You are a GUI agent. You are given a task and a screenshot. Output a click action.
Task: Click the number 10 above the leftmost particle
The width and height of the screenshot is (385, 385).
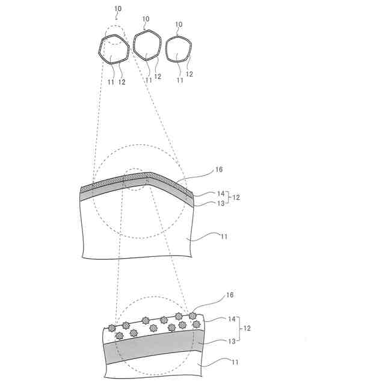point(118,8)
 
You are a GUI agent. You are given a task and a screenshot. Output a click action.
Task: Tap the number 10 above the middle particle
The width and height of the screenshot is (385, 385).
point(146,19)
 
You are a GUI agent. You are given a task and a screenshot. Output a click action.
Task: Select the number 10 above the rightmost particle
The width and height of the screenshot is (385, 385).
point(179,24)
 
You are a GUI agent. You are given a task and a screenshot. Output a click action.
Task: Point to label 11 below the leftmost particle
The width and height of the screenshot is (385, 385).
point(111,82)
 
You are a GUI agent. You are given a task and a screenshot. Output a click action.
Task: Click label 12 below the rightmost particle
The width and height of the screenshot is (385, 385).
point(189,74)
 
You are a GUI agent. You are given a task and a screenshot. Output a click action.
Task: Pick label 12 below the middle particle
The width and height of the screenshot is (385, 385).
point(158,76)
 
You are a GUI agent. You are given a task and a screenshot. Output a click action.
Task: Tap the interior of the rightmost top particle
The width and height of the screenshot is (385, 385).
point(179,49)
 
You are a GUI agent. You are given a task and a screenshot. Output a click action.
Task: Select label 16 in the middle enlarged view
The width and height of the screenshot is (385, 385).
point(219,170)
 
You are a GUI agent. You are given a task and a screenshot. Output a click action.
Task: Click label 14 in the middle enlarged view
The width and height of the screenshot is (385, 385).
point(221,194)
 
